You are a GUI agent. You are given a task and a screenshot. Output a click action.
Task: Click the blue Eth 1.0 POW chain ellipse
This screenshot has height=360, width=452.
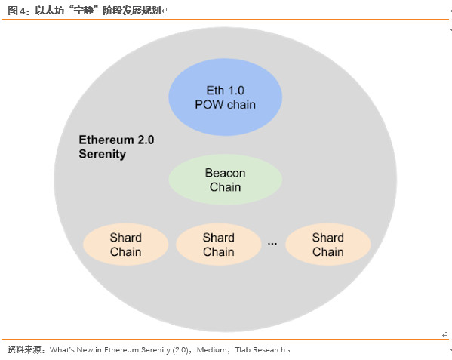pos(225,97)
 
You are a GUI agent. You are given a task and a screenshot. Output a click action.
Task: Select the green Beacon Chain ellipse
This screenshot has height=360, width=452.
pos(225,180)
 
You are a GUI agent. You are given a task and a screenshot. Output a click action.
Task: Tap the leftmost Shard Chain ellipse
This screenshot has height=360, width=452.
pos(126,245)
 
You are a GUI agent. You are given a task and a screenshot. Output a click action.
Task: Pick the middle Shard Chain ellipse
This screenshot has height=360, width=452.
pos(219,245)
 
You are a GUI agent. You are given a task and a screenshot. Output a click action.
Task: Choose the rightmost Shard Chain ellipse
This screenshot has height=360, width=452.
pos(328,245)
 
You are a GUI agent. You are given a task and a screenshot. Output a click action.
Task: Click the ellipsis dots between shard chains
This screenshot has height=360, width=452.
pos(272,244)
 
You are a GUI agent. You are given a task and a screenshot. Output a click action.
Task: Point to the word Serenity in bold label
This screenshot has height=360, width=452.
pos(103,154)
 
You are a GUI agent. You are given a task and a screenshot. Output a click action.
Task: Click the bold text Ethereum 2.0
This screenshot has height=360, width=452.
pos(116,140)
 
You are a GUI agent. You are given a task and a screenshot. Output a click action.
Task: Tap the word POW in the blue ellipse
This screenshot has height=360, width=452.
pos(209,104)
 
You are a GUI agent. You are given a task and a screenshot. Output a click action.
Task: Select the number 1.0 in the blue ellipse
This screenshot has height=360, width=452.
pos(236,91)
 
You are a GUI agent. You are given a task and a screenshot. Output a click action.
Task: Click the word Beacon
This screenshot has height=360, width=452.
pos(225,173)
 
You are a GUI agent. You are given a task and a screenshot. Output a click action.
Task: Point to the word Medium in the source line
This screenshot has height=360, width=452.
pos(211,350)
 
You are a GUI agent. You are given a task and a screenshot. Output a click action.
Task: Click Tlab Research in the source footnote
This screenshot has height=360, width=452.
pos(260,350)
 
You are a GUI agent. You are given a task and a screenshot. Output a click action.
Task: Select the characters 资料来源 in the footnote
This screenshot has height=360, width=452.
pos(24,350)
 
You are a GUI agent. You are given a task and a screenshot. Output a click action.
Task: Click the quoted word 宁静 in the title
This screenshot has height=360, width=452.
pos(84,11)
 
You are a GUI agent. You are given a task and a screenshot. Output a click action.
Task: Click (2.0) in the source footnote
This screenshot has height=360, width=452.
pos(180,350)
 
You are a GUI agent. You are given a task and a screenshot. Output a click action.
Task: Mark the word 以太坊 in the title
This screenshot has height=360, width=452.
pos(49,11)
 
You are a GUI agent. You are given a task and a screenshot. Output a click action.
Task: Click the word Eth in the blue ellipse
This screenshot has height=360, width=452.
pos(215,91)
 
